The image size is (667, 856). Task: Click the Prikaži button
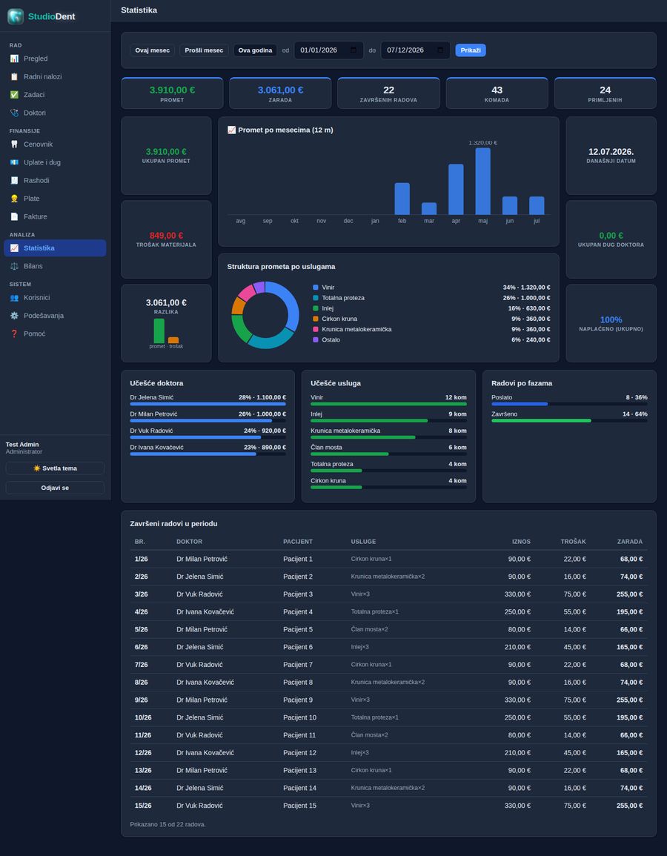(x=471, y=50)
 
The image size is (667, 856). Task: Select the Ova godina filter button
(x=255, y=50)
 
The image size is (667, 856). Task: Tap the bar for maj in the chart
(x=482, y=182)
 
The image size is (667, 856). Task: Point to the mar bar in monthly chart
(x=429, y=208)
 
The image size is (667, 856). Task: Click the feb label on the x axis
(x=402, y=221)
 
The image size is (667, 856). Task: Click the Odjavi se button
(x=55, y=488)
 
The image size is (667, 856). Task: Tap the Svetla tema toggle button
(x=55, y=468)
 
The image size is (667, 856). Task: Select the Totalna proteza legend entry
(x=343, y=298)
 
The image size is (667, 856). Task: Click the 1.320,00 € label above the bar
(x=482, y=143)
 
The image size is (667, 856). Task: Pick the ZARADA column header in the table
(x=629, y=542)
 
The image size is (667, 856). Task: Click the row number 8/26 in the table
(x=141, y=682)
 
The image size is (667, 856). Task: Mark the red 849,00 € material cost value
(x=166, y=235)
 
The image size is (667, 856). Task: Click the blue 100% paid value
(x=611, y=320)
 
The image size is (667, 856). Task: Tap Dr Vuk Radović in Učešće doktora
(x=151, y=431)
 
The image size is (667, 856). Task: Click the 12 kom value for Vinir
(x=456, y=397)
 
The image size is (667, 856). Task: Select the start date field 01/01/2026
(x=328, y=50)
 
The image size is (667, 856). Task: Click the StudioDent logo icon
(x=16, y=16)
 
